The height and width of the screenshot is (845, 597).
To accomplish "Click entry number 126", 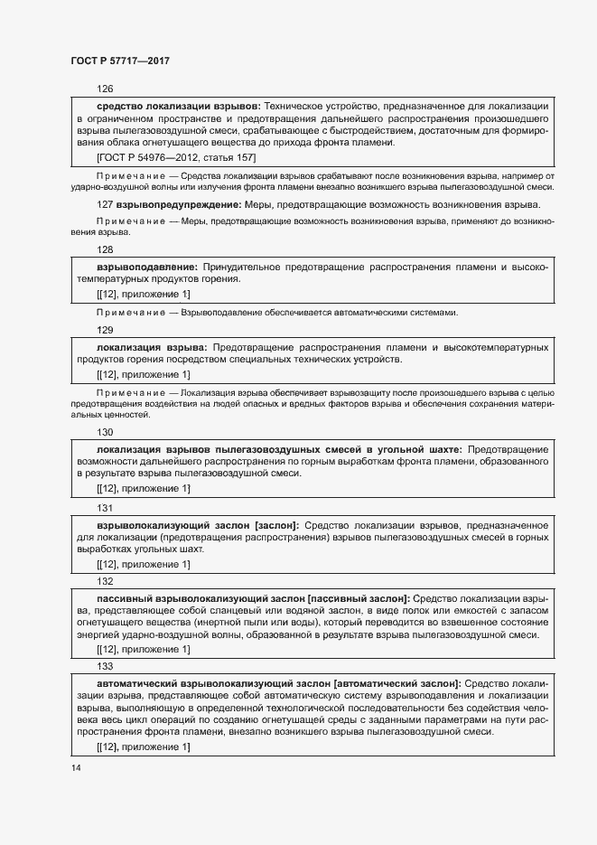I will (x=104, y=89).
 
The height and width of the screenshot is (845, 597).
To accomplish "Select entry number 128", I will (x=104, y=249).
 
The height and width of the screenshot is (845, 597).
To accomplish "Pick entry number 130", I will (x=104, y=432).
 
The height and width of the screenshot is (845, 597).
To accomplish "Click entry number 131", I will (x=104, y=508).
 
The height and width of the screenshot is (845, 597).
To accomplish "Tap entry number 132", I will (x=104, y=581).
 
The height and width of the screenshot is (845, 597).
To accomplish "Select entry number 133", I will (x=104, y=665).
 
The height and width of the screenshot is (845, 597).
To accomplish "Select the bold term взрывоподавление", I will (x=146, y=268).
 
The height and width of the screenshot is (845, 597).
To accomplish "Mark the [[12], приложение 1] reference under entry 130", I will (x=143, y=489).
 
